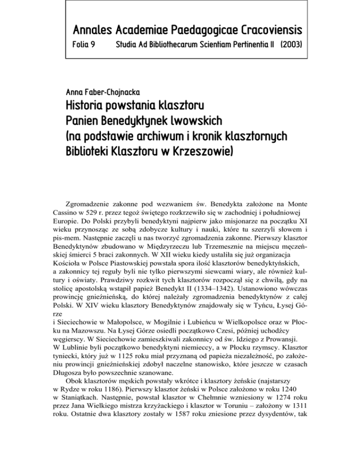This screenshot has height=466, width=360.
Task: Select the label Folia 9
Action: [x=83, y=47]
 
